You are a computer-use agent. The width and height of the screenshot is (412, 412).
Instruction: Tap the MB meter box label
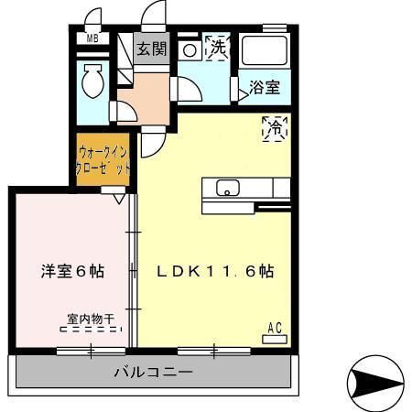92,38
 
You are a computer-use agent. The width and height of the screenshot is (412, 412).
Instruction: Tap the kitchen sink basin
226,189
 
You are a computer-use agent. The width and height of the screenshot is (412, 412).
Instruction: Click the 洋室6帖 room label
71,271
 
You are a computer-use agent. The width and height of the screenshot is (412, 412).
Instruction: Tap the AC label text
274,327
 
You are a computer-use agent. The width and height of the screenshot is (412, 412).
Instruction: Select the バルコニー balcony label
153,373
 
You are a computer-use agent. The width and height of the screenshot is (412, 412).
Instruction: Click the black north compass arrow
376,378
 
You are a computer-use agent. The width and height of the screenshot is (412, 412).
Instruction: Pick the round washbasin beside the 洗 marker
189,49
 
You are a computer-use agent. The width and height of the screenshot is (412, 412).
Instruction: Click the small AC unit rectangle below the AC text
274,339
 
